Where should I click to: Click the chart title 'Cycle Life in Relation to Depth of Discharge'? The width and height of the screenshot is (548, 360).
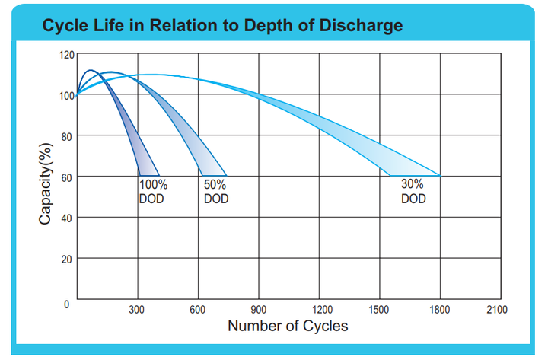tap(222, 26)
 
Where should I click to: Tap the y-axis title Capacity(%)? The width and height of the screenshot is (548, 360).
tap(46, 184)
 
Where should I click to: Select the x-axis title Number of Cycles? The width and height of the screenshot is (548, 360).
tap(288, 326)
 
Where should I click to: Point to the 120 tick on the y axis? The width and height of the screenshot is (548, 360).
tap(67, 55)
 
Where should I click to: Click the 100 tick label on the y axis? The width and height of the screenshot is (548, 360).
tap(67, 96)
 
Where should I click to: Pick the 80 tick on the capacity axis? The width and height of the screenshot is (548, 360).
tap(67, 137)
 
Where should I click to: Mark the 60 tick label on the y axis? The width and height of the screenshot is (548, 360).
tap(67, 178)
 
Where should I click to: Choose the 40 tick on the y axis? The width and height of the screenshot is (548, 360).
tap(67, 218)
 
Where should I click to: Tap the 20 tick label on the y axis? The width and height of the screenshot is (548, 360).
tap(67, 260)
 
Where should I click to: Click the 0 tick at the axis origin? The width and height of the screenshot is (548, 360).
tap(66, 304)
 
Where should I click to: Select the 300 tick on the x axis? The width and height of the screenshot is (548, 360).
tap(136, 310)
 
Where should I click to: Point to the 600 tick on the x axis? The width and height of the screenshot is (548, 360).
tap(197, 310)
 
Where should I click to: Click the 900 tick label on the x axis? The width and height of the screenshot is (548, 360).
tap(258, 310)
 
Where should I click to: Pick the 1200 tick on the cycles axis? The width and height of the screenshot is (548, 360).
tap(322, 310)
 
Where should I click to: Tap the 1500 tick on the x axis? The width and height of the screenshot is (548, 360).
tap(379, 310)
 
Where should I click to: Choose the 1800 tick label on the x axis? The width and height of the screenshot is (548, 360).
tap(440, 310)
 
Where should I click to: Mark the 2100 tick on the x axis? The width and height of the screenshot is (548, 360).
tap(497, 310)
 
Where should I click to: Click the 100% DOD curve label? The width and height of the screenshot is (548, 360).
tap(153, 192)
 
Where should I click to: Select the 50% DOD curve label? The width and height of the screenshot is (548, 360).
tap(216, 192)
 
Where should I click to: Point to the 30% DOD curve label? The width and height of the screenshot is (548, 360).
tap(413, 192)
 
